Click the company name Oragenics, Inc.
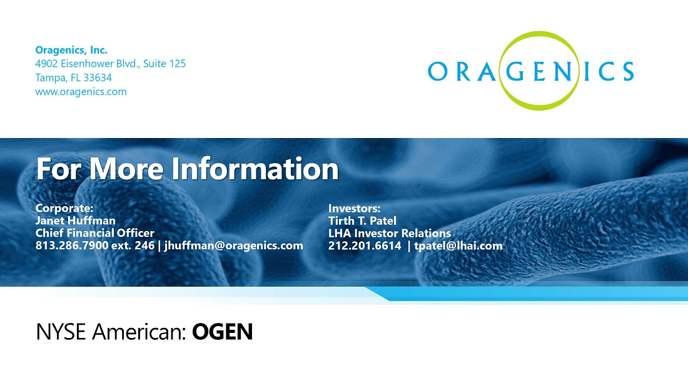pyautogui.click(x=71, y=50)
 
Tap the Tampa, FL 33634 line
pyautogui.click(x=73, y=77)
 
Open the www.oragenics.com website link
pyautogui.click(x=81, y=92)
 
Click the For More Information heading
pyautogui.click(x=188, y=168)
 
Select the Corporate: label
pyautogui.click(x=64, y=208)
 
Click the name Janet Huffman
pyautogui.click(x=76, y=220)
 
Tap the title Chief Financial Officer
pyautogui.click(x=95, y=232)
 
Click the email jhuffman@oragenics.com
pyautogui.click(x=233, y=245)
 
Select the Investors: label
pyautogui.click(x=354, y=208)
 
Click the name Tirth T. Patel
pyautogui.click(x=362, y=220)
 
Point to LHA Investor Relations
pyautogui.click(x=390, y=232)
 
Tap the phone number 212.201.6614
pyautogui.click(x=365, y=245)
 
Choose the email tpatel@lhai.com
pyautogui.click(x=458, y=245)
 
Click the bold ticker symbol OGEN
pyautogui.click(x=223, y=332)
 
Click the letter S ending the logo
pyautogui.click(x=627, y=71)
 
